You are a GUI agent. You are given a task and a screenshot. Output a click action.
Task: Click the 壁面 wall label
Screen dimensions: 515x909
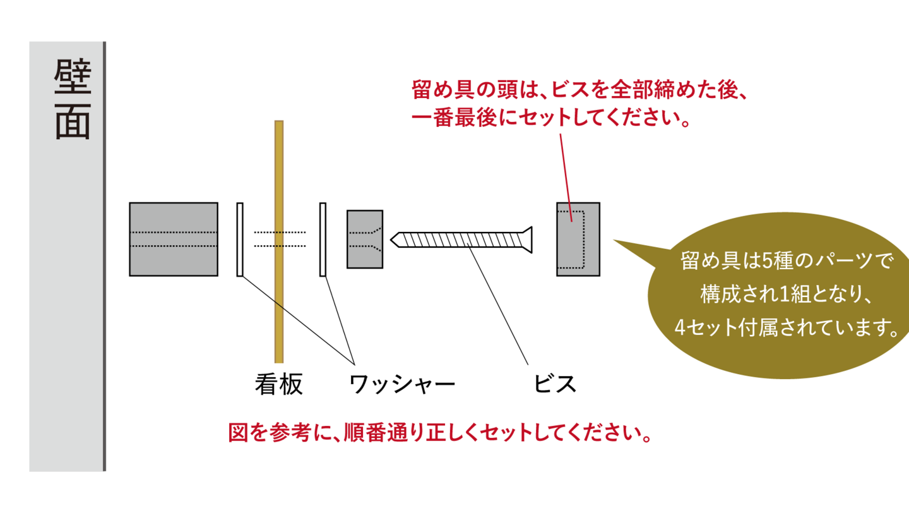[x=72, y=100]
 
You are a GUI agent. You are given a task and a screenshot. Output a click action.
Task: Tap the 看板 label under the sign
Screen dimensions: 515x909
[x=279, y=384]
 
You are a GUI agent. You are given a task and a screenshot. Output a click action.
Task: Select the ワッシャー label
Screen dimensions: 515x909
[x=401, y=384]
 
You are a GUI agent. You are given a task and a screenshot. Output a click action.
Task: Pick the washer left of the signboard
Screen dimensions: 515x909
[x=240, y=239]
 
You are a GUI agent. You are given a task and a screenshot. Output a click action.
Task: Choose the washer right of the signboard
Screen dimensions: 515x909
[x=323, y=239]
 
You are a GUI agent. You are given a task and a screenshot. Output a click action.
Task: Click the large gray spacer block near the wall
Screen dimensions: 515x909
[x=174, y=239]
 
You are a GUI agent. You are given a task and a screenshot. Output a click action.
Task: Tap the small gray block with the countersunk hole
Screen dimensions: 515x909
[x=365, y=239]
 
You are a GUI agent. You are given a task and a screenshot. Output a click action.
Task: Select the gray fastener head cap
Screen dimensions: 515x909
[x=578, y=239]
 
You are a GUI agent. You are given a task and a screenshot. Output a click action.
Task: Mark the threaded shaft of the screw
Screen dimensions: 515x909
[x=461, y=239]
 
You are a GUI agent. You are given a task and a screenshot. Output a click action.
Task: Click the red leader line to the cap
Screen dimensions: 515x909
[x=566, y=174]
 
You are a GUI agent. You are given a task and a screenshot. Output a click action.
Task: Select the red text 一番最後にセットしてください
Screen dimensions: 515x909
[x=549, y=119]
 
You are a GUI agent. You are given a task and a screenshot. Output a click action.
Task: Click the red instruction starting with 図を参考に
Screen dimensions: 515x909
[x=439, y=435]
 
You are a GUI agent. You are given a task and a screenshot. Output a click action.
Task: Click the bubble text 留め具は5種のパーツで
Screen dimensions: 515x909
[x=787, y=260]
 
